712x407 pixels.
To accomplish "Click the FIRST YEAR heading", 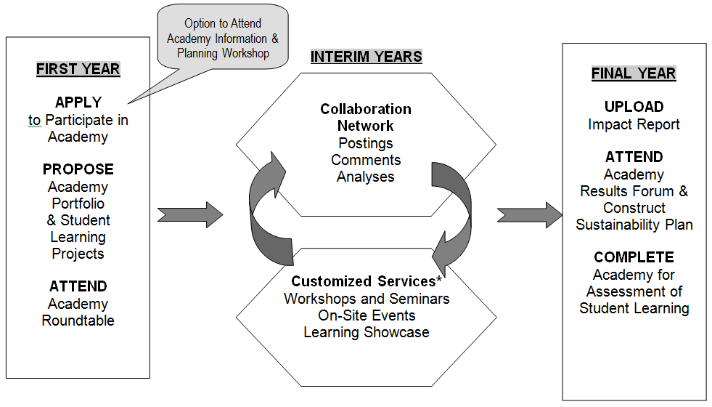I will pyautogui.click(x=78, y=70).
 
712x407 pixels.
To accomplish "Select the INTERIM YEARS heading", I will pyautogui.click(x=366, y=57).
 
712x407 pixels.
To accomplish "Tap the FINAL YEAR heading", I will pyautogui.click(x=634, y=73).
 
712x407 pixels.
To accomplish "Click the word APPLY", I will pyautogui.click(x=78, y=102).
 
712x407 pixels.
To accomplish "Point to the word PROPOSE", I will pyautogui.click(x=78, y=169).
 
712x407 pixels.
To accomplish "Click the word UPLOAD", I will pyautogui.click(x=634, y=107).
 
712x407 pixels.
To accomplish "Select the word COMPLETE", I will pyautogui.click(x=634, y=257).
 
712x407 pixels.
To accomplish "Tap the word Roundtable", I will pyautogui.click(x=78, y=321).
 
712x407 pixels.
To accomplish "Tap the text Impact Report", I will pyautogui.click(x=634, y=124).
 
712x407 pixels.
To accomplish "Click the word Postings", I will pyautogui.click(x=366, y=143).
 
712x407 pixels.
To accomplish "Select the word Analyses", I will pyautogui.click(x=366, y=177).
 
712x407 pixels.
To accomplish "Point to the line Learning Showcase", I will pyautogui.click(x=366, y=333).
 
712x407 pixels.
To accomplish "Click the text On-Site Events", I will pyautogui.click(x=366, y=315).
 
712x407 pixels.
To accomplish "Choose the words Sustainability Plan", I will pyautogui.click(x=634, y=225).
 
